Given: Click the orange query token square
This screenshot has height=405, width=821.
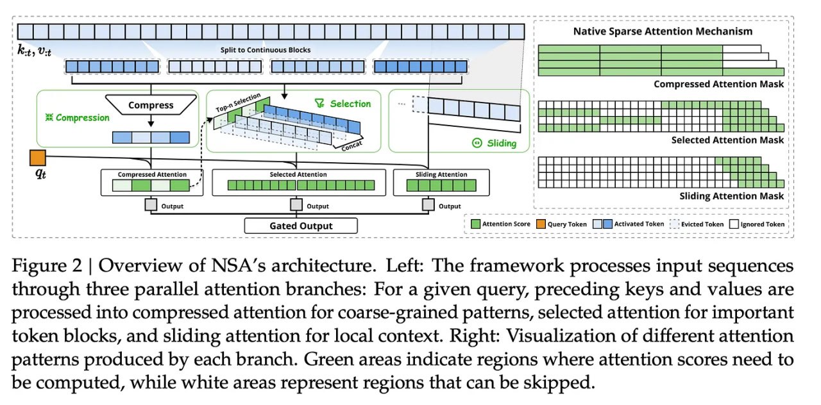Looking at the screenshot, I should (37, 158).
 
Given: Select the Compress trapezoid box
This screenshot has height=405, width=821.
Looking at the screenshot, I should (151, 105).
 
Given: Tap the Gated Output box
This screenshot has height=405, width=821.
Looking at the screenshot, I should (300, 226).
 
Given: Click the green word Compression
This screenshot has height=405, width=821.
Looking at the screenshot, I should (82, 118).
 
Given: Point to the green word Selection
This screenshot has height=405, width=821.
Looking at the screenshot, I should (350, 103).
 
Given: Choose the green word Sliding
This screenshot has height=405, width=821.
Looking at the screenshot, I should (501, 143).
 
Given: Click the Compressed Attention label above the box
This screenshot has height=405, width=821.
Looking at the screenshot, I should (152, 174).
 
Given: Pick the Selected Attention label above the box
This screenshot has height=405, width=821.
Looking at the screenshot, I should (298, 174).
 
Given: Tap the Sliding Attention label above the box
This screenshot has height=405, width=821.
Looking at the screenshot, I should (441, 174).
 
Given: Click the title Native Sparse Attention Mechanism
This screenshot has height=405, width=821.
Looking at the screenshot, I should (663, 31).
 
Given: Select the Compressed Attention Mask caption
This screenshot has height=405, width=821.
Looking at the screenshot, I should (718, 84).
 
